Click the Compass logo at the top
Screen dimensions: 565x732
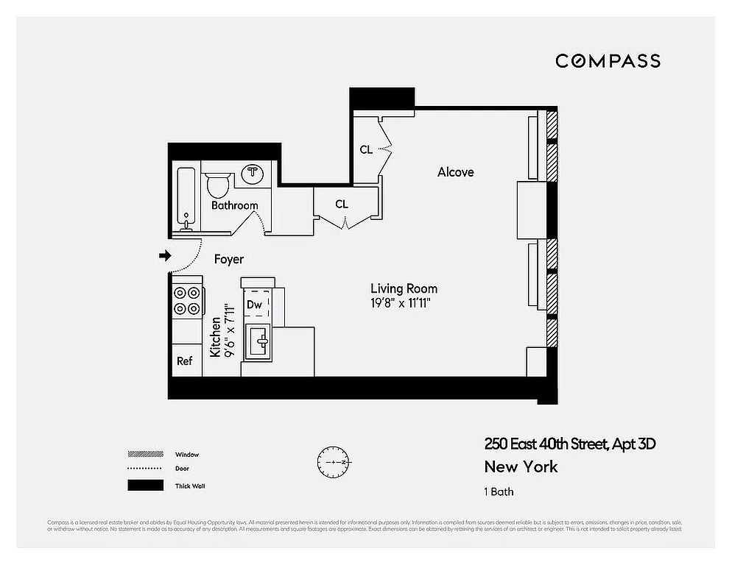coord(608,61)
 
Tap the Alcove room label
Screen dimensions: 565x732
coord(456,172)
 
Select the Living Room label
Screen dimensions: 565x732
coord(404,288)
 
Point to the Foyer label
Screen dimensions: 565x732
coord(229,260)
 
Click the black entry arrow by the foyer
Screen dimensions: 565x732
coord(165,256)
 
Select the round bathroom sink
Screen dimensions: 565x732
coord(253,174)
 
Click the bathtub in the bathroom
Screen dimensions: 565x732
coord(186,196)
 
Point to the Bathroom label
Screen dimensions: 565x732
coord(235,206)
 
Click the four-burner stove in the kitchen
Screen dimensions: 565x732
coord(186,301)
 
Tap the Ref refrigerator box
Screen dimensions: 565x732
coord(185,361)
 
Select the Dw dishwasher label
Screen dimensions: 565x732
coord(254,305)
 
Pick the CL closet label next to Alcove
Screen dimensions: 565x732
coord(366,150)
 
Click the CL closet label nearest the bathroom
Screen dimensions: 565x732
coord(342,205)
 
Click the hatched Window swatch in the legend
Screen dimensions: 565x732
coord(145,455)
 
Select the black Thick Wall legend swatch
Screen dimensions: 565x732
coord(145,486)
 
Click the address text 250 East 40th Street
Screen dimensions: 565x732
coord(569,444)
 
